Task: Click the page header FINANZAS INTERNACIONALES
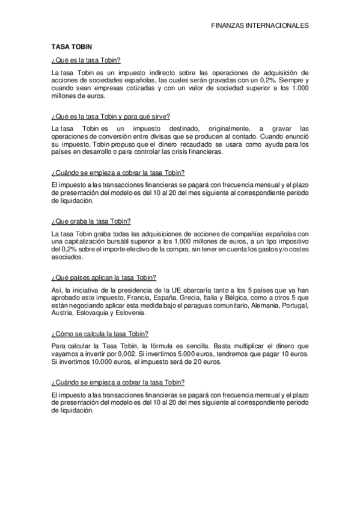(x=260, y=26)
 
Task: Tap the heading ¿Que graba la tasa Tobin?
(x=91, y=221)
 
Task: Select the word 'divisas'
(x=148, y=137)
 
